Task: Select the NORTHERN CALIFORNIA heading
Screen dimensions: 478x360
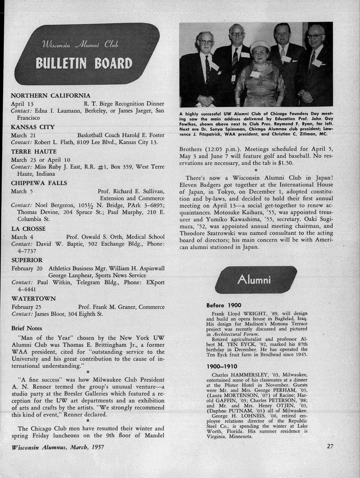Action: point(51,95)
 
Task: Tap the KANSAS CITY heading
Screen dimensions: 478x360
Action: point(33,127)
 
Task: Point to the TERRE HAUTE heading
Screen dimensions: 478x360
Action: point(34,151)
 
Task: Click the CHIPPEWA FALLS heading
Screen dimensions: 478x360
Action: point(39,183)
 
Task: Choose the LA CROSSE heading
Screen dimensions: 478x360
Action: point(28,229)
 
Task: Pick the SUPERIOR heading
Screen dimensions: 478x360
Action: point(27,260)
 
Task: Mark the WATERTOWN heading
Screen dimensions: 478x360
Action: point(34,298)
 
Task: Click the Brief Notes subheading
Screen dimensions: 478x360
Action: point(27,328)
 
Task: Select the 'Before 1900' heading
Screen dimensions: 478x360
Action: point(221,306)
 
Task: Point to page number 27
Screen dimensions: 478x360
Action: point(330,446)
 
